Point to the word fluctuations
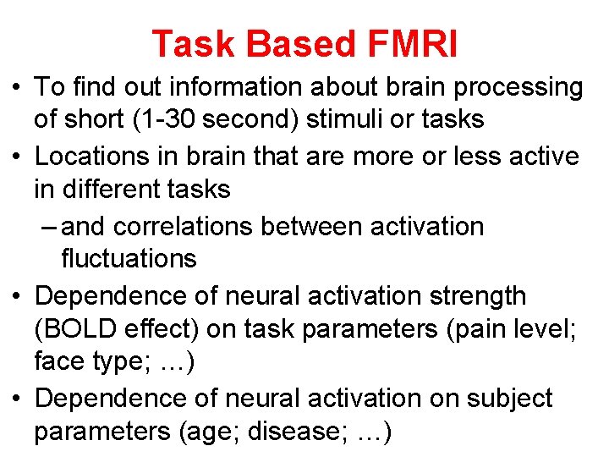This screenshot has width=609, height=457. point(129,258)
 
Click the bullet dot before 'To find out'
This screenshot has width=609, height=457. point(17,87)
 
